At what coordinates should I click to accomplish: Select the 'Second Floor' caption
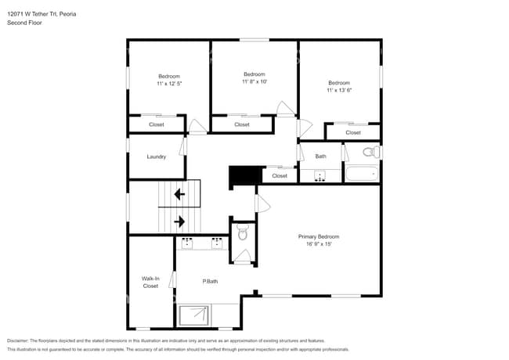point(24,23)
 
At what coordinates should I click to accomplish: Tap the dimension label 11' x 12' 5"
point(169,83)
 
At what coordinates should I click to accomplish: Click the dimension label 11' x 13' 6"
point(339,90)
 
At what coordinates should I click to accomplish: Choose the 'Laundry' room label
point(157,157)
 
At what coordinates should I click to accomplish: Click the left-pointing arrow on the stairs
point(179,193)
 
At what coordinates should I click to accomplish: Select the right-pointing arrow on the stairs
point(179,221)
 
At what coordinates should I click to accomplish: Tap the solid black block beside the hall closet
point(244,176)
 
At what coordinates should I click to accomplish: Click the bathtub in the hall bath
point(363,174)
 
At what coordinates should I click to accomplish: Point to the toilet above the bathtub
point(374,152)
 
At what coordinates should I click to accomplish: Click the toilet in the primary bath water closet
point(243,232)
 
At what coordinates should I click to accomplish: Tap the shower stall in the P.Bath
point(193,315)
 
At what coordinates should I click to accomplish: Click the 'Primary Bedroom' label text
point(319,236)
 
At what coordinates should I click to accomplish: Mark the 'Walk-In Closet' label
point(150,282)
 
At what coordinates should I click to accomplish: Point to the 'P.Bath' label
point(209,282)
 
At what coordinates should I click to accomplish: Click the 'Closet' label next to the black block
point(280,176)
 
